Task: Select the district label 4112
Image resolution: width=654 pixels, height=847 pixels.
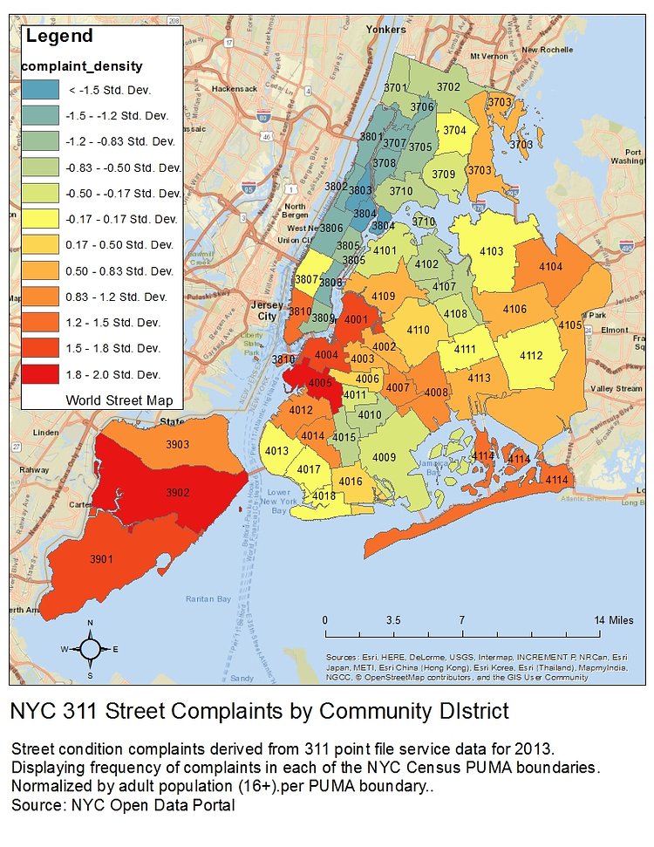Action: (x=531, y=355)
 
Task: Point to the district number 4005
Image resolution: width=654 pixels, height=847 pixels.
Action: (x=320, y=382)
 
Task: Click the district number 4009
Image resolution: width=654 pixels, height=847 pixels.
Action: (x=385, y=456)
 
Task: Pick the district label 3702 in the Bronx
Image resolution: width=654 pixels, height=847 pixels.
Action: (x=448, y=86)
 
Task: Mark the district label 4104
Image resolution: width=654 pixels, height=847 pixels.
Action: (x=551, y=266)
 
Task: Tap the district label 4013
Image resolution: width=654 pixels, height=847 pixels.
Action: (x=276, y=450)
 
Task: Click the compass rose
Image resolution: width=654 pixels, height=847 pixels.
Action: (x=90, y=649)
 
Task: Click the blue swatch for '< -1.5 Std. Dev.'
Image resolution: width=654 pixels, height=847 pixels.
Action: (x=40, y=89)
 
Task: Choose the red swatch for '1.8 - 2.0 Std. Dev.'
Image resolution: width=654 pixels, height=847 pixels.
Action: (x=40, y=374)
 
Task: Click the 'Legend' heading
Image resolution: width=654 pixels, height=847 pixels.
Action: (x=59, y=37)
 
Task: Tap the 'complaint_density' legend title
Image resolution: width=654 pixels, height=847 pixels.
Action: (x=82, y=66)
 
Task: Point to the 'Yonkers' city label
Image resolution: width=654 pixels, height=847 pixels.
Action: (x=386, y=29)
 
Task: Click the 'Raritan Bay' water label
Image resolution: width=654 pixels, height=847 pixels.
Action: (x=208, y=598)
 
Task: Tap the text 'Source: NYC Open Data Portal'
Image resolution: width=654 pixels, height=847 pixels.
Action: (x=123, y=805)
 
